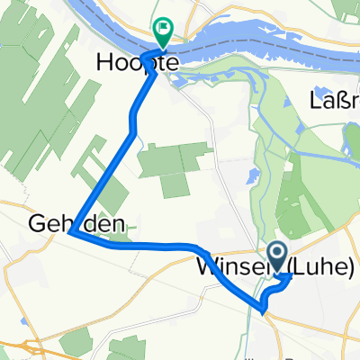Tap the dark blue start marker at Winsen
pos(275,256)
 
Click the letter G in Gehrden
pos(36,221)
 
